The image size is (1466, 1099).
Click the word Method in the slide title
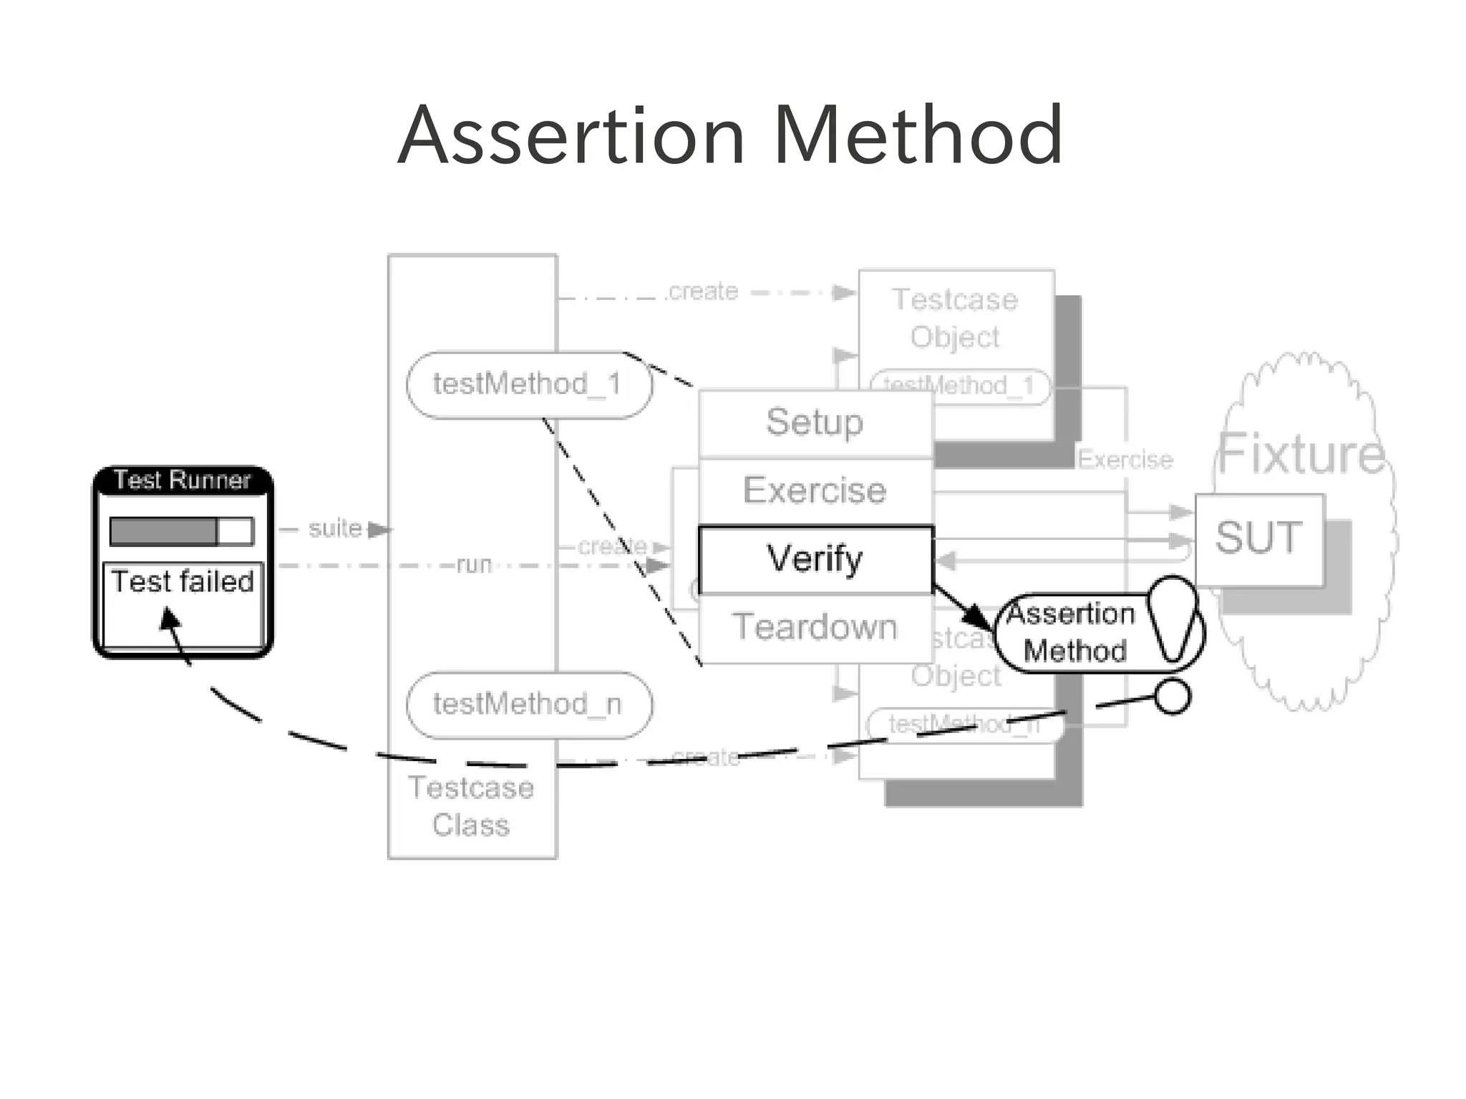(x=918, y=136)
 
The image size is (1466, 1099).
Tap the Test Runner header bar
(x=183, y=480)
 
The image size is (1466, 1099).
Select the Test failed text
(x=183, y=581)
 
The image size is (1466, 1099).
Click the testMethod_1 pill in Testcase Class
(x=528, y=384)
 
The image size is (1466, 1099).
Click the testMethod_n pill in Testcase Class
(x=528, y=705)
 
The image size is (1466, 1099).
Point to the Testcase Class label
(x=471, y=806)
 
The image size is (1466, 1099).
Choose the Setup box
(x=815, y=422)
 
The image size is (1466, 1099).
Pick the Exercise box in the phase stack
(x=815, y=490)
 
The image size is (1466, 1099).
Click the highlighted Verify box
(x=815, y=559)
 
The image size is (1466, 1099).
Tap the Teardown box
(x=815, y=627)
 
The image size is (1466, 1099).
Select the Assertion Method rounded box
(x=1072, y=632)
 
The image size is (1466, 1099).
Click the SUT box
(x=1258, y=538)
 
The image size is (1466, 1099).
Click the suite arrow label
(x=335, y=528)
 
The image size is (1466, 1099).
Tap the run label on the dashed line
(x=474, y=565)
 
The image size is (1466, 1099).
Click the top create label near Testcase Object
(x=702, y=291)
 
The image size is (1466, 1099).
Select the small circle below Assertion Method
(x=1173, y=696)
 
